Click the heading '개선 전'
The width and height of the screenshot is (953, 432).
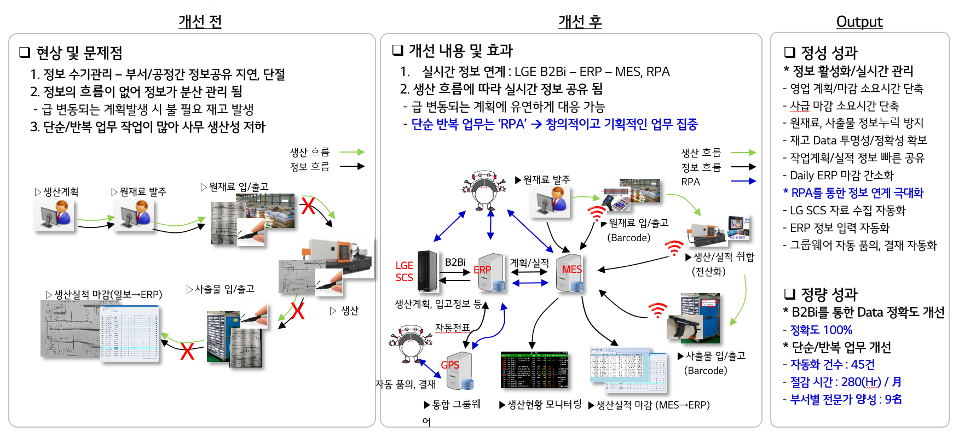pyautogui.click(x=200, y=22)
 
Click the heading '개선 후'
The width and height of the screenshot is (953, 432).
pyautogui.click(x=580, y=22)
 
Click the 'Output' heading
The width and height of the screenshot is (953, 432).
pyautogui.click(x=859, y=22)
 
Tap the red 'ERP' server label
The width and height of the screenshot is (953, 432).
pyautogui.click(x=482, y=270)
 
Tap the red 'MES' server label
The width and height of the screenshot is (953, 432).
pyautogui.click(x=571, y=269)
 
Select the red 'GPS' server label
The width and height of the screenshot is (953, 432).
pyautogui.click(x=450, y=365)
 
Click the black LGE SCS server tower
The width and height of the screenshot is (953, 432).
pyautogui.click(x=427, y=271)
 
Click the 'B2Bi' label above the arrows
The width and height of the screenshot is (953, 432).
pyautogui.click(x=455, y=262)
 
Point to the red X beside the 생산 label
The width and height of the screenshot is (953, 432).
pyautogui.click(x=297, y=311)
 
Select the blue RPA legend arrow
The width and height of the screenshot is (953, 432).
pyautogui.click(x=743, y=181)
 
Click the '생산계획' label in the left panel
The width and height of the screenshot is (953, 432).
pyautogui.click(x=61, y=192)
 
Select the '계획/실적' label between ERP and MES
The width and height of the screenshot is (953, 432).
pyautogui.click(x=529, y=263)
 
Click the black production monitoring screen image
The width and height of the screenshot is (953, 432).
pyautogui.click(x=534, y=370)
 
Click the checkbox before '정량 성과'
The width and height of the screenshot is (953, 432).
pyautogui.click(x=789, y=294)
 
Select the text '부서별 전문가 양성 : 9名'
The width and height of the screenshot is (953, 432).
pyautogui.click(x=846, y=399)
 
